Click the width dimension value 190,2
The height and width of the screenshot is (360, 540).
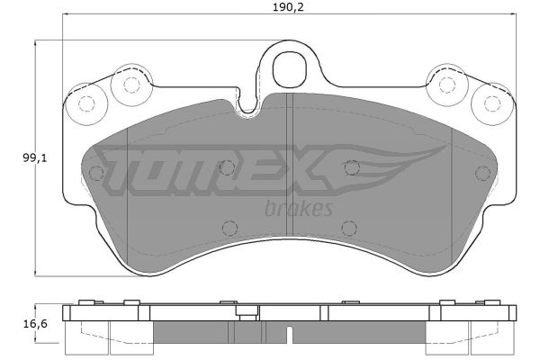click(x=288, y=7)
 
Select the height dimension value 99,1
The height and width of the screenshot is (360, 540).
click(x=35, y=158)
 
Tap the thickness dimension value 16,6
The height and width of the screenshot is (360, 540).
click(x=35, y=324)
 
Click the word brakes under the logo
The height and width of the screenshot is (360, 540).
click(x=299, y=209)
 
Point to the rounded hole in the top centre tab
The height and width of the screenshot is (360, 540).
click(x=289, y=69)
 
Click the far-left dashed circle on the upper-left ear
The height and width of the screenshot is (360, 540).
click(x=86, y=103)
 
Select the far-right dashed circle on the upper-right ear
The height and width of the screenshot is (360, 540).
click(x=491, y=103)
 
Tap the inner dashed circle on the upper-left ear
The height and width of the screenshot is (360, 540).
click(x=131, y=85)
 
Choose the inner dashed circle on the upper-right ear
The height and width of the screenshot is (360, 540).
click(x=447, y=85)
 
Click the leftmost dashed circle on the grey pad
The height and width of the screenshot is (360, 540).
click(x=96, y=173)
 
